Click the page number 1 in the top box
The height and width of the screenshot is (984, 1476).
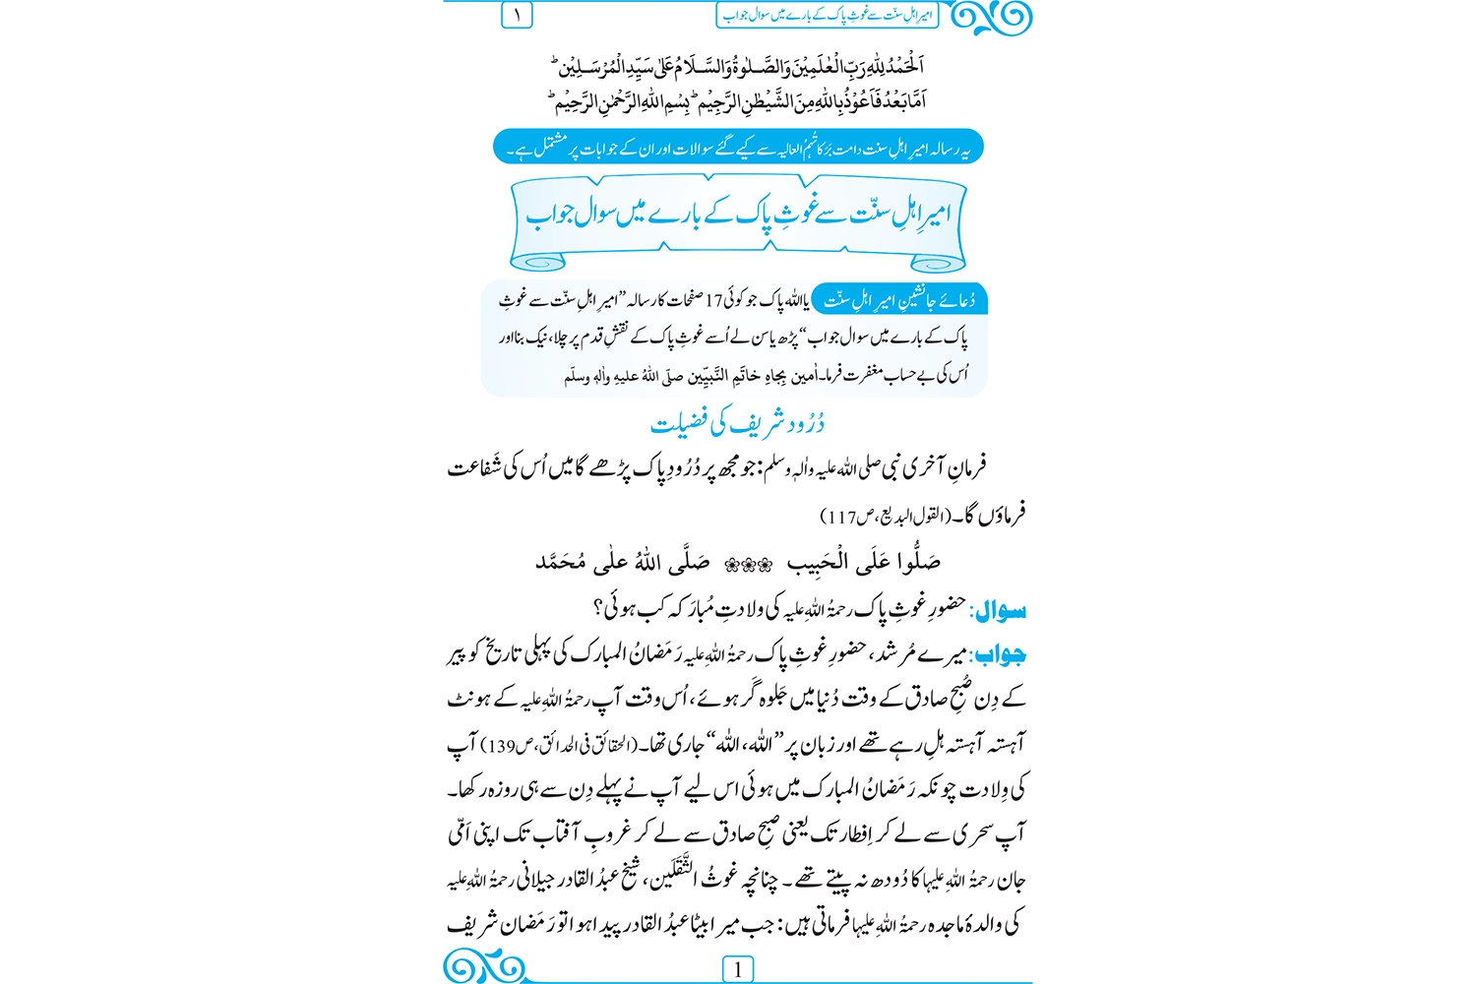point(517,15)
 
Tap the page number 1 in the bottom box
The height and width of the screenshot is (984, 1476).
point(737,969)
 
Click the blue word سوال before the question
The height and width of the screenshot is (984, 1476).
point(1000,611)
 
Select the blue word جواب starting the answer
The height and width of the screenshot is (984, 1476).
point(1000,654)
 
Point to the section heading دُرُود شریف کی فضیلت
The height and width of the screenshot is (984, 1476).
point(737,423)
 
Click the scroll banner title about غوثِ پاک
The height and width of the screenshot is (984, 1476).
point(738,215)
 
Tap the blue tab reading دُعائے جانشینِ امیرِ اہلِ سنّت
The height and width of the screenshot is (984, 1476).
point(899,300)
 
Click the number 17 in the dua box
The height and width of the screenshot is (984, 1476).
point(713,300)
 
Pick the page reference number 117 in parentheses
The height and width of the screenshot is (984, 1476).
point(842,517)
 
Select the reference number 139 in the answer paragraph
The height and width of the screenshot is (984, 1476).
point(502,746)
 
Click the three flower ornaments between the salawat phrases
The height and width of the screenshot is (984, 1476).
point(748,565)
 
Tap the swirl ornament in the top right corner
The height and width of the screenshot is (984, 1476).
point(994,17)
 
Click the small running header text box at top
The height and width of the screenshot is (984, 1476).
point(827,15)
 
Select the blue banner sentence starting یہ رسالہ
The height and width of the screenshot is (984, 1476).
point(738,148)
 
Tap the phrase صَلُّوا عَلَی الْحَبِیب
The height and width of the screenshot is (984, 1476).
point(863,563)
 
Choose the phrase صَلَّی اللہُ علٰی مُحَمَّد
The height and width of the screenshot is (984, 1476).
point(622,563)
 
